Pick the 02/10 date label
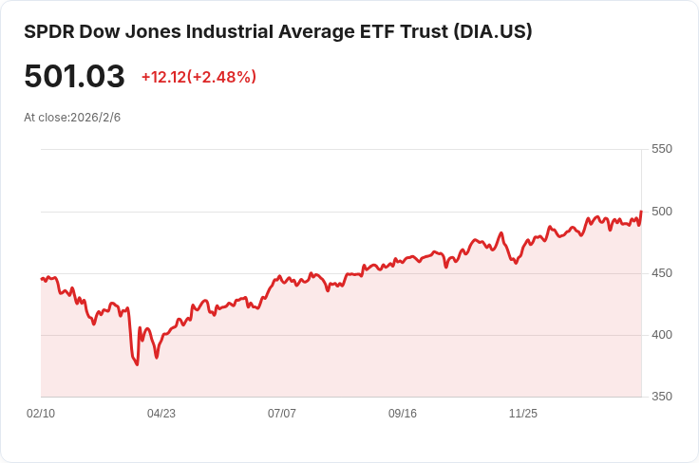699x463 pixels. pos(41,414)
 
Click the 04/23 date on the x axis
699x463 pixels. pos(161,414)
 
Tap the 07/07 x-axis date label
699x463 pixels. pos(282,414)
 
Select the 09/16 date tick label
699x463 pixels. pos(403,414)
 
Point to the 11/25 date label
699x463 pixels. pos(523,414)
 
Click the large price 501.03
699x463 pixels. pos(74,77)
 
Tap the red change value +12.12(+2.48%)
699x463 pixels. pos(198,77)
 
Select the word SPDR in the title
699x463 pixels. pos(47,31)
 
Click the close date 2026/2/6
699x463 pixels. pos(95,118)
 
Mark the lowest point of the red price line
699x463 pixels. pos(138,365)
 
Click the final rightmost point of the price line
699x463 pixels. pos(641,212)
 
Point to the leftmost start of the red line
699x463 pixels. pos(41,278)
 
